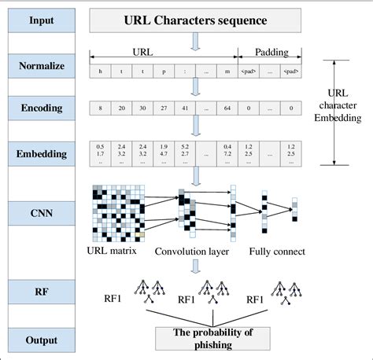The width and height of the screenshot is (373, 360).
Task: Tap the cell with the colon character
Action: tap(184, 71)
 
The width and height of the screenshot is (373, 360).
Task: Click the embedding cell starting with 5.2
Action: tap(184, 150)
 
